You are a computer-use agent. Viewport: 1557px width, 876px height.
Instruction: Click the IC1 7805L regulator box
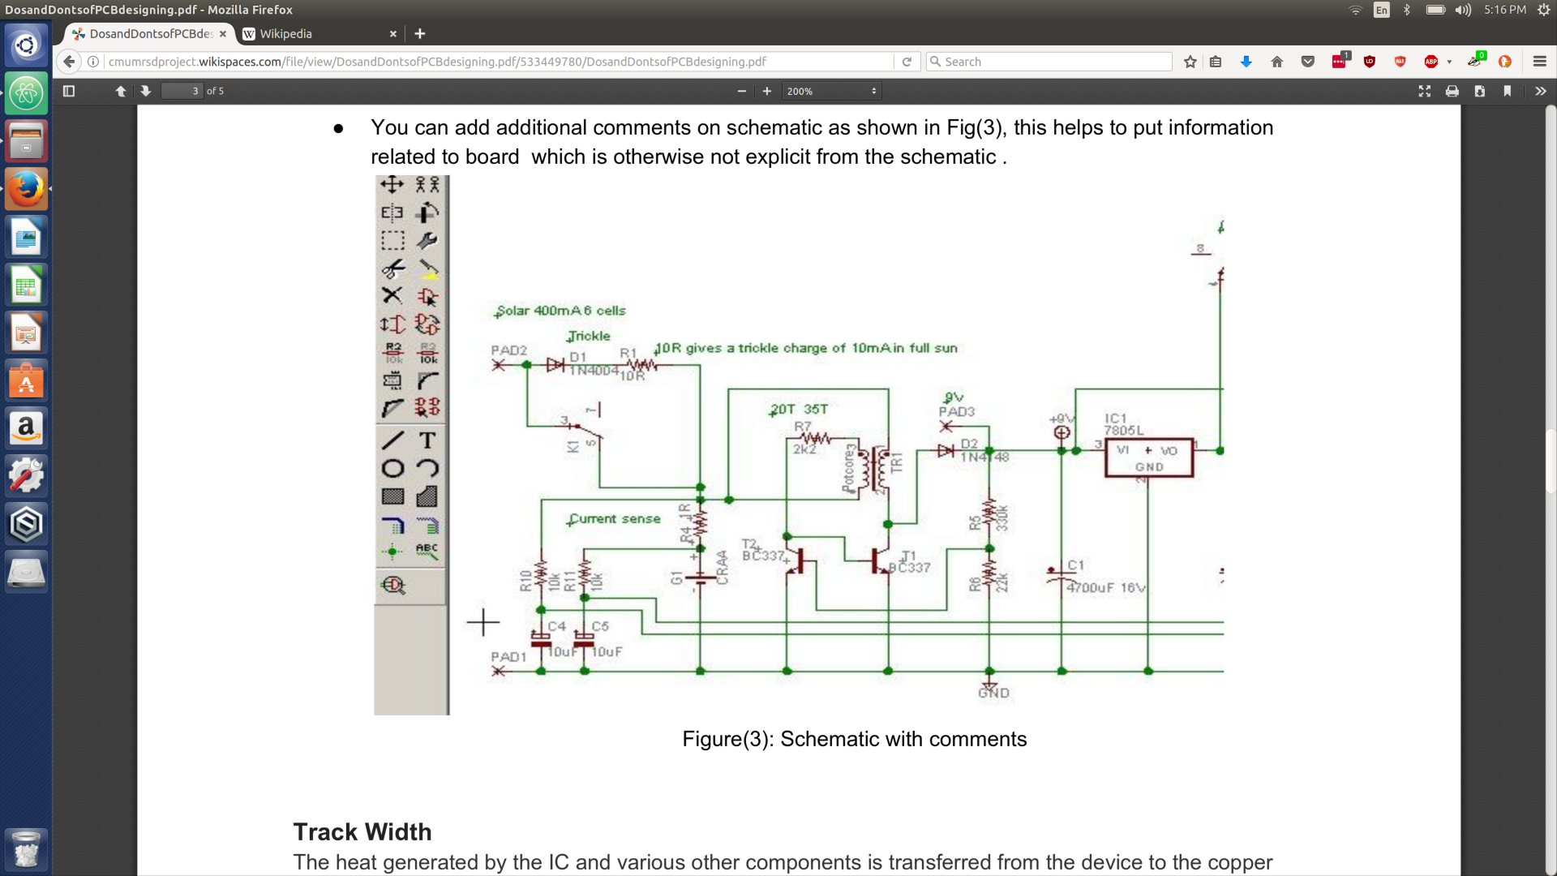1148,458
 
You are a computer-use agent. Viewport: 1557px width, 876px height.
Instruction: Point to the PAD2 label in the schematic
508,350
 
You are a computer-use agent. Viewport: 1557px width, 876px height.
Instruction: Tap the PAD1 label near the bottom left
508,657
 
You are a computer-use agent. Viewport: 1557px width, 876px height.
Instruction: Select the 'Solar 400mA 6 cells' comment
560,311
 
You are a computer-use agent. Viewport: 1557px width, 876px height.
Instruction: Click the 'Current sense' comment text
615,519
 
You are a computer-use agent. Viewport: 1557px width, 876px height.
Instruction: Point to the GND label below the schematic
993,693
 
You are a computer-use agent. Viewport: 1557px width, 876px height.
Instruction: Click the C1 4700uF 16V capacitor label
1104,586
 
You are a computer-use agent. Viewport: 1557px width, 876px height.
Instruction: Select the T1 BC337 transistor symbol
880,560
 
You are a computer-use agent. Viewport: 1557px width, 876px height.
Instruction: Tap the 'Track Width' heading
362,832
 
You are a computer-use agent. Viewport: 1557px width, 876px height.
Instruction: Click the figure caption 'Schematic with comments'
854,739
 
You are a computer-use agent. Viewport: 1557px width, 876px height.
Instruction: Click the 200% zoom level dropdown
831,91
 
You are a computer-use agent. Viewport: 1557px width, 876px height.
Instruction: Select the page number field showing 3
182,91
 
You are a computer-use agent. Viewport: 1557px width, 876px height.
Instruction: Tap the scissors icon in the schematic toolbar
393,268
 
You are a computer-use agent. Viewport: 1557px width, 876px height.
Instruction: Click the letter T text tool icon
427,440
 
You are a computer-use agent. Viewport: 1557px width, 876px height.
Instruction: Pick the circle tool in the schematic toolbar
393,468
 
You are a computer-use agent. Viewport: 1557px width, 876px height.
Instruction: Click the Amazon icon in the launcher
26,427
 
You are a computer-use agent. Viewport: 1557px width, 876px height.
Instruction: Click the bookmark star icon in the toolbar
1190,62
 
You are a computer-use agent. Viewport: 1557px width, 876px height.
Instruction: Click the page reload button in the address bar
907,62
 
